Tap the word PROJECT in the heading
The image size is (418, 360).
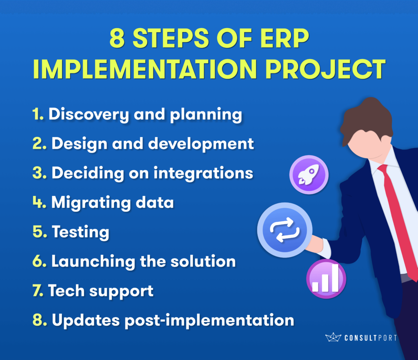(x=325, y=69)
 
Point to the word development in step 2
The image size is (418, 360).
(x=201, y=144)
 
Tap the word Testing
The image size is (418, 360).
(x=80, y=232)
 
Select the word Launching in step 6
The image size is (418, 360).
(x=93, y=262)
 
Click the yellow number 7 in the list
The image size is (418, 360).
(x=38, y=290)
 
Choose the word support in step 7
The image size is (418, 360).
(x=121, y=292)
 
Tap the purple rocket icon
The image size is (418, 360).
(x=309, y=175)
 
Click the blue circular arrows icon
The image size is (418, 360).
(x=285, y=230)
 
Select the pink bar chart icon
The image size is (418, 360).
(x=326, y=279)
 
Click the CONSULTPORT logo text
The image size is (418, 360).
(x=371, y=338)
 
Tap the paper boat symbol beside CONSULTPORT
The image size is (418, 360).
(x=333, y=337)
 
